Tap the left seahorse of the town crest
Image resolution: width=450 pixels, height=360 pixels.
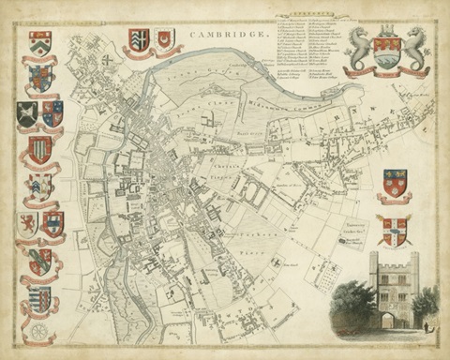[x=358, y=49]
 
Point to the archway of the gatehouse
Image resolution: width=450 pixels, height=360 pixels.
[x=388, y=320]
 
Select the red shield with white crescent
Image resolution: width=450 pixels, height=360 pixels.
[x=166, y=39]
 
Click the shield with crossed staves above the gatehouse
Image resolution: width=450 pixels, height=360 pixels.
[x=395, y=228]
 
